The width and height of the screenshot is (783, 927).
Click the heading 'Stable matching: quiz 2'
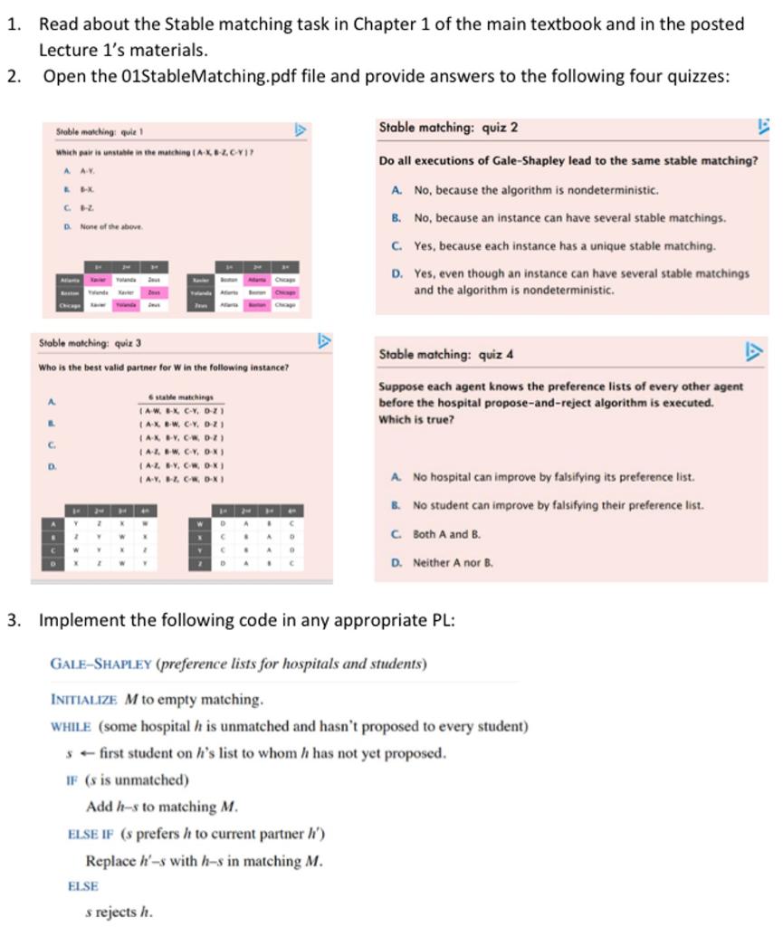tap(448, 128)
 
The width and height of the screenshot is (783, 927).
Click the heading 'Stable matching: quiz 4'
tap(448, 354)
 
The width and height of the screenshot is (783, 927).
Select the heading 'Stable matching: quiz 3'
tap(90, 343)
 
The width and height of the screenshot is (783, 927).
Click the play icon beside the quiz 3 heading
tap(323, 341)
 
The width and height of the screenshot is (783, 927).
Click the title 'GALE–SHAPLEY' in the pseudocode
tap(101, 664)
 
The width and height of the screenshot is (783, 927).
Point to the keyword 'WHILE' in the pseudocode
tap(72, 726)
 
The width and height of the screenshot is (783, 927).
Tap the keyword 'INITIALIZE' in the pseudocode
tap(84, 699)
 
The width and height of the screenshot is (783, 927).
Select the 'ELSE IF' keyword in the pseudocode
tap(91, 833)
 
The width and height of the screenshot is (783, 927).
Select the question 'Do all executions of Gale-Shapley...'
tap(568, 160)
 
